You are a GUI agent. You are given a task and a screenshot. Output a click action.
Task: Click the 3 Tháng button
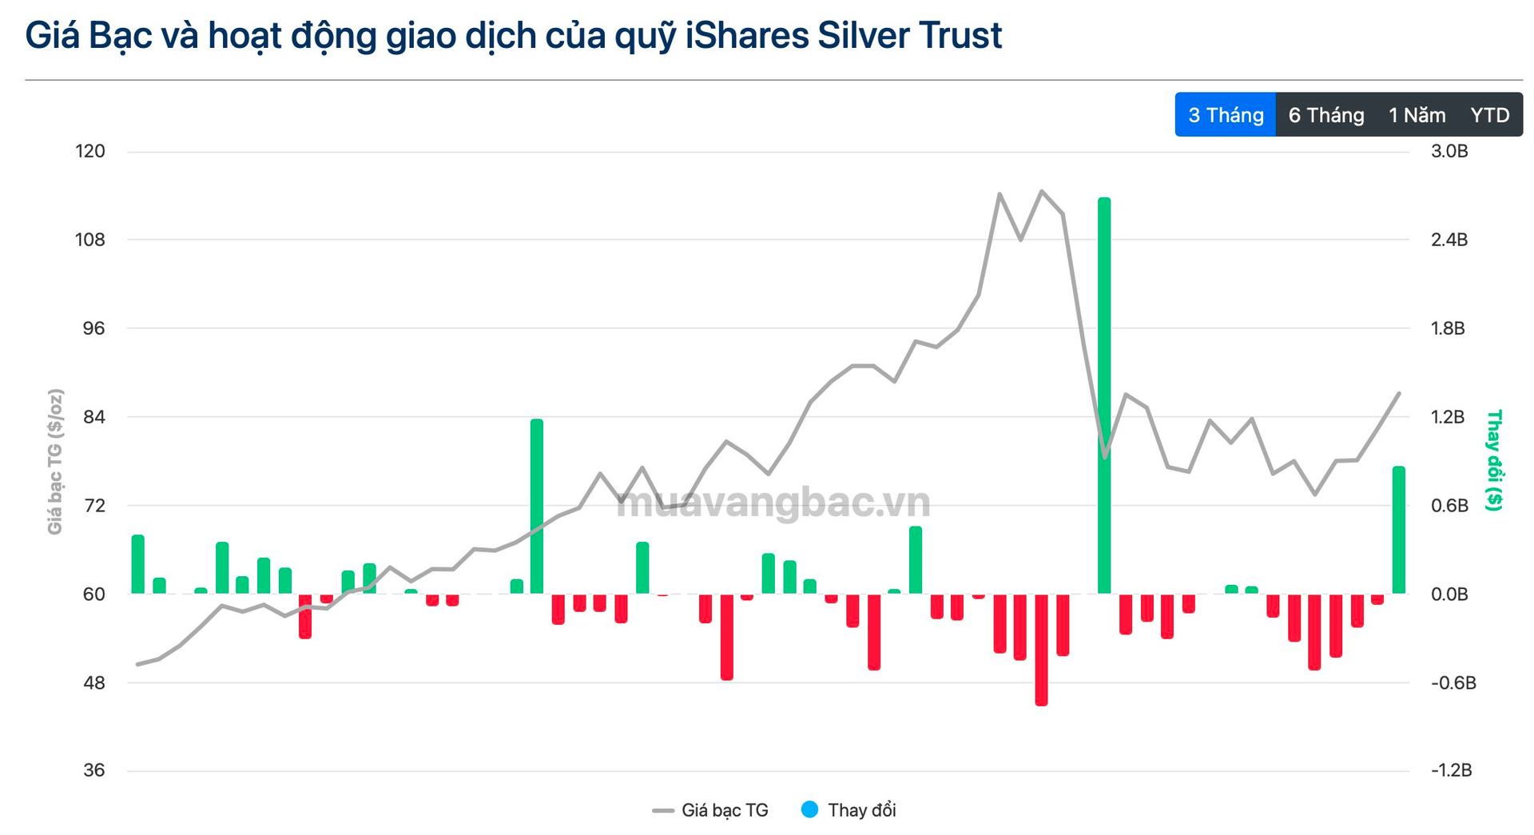tap(1225, 115)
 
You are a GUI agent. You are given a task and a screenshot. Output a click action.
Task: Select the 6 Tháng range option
tap(1325, 115)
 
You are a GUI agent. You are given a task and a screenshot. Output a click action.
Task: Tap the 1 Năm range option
tap(1417, 115)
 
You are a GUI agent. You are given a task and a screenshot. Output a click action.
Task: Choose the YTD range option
tap(1489, 115)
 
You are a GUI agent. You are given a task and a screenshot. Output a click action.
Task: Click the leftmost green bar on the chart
tap(137, 564)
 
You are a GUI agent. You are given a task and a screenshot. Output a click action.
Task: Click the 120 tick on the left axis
tap(89, 151)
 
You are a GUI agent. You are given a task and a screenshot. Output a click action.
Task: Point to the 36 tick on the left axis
tap(93, 770)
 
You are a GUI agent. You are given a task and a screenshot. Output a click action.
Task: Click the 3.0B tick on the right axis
tap(1449, 151)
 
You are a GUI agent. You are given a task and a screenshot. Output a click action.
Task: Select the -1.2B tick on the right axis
tap(1451, 770)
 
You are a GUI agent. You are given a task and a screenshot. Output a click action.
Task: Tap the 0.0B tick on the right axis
tap(1449, 594)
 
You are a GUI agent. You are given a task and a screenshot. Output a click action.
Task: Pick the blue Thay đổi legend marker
tap(810, 809)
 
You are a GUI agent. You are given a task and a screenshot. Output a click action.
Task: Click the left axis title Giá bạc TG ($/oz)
tap(55, 462)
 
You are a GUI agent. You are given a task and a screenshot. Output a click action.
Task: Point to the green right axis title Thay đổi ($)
tap(1493, 460)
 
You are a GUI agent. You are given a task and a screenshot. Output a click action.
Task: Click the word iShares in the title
tap(746, 36)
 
